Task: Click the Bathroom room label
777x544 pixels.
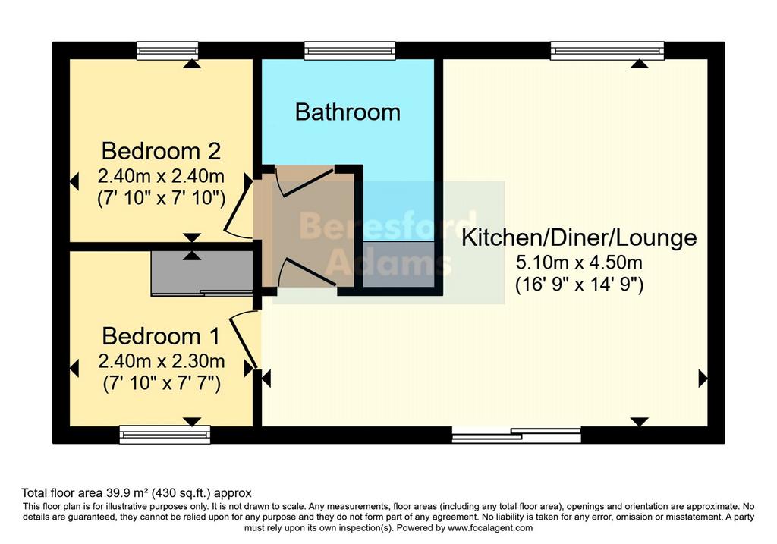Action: (x=348, y=112)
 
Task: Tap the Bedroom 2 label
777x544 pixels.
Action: (x=161, y=151)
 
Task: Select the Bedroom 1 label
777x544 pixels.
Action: (x=161, y=336)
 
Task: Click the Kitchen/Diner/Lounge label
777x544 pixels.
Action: (x=579, y=237)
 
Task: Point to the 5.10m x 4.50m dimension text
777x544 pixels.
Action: (x=579, y=262)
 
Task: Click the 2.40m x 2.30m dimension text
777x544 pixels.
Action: (x=162, y=361)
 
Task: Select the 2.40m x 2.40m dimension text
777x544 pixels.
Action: (x=162, y=176)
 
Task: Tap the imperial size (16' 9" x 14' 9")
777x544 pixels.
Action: (x=579, y=285)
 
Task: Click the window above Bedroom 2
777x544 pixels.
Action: (x=168, y=51)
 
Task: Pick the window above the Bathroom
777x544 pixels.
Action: (x=350, y=51)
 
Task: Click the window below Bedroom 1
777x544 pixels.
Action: (x=165, y=435)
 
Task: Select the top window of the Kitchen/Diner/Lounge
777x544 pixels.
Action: (x=607, y=51)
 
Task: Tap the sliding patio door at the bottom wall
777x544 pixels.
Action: (x=516, y=435)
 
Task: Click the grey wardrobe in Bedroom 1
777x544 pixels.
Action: (x=202, y=273)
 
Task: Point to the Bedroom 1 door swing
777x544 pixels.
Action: (x=244, y=339)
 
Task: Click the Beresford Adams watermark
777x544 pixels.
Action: (x=388, y=243)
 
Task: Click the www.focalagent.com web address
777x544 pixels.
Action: (x=490, y=527)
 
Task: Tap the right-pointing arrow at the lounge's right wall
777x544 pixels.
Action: (x=703, y=379)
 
